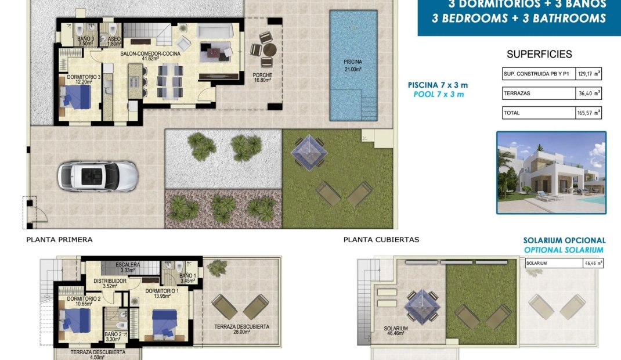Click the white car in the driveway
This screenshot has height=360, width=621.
point(98,175)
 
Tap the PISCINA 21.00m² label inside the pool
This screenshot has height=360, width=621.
point(352,65)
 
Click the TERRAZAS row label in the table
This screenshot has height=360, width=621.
point(518,93)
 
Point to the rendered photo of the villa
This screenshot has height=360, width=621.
point(551,172)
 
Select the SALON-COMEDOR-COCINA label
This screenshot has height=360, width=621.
point(150,53)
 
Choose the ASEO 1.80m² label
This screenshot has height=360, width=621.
point(114,41)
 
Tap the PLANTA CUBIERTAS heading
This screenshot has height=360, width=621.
point(381,239)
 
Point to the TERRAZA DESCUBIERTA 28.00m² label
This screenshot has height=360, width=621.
point(241,329)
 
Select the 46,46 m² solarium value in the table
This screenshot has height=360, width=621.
point(592,263)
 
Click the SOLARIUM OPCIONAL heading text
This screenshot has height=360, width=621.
point(564,240)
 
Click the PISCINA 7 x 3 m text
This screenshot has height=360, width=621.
point(436,85)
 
